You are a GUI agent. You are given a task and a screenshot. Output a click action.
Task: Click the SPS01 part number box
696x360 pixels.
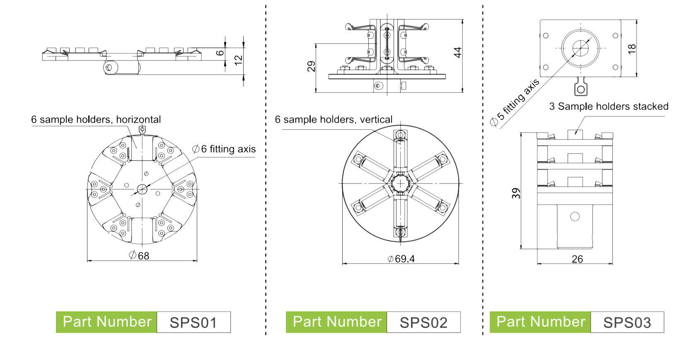[x=193, y=322]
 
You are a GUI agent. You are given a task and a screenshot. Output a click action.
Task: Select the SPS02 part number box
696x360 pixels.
[x=423, y=322]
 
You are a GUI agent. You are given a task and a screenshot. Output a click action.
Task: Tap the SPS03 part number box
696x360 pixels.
[x=627, y=322]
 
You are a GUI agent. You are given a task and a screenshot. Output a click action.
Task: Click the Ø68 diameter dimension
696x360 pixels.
[x=139, y=256]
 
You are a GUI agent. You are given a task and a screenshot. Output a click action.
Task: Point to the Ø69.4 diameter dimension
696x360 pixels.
[x=401, y=259]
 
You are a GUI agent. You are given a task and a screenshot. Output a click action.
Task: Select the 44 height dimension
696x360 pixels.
[x=457, y=53]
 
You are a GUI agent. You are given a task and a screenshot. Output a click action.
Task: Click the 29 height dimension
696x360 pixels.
[x=311, y=66]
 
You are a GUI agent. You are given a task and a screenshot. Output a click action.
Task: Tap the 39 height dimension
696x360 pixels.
[x=516, y=193]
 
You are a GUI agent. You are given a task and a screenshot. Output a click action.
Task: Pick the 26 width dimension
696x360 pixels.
[x=577, y=259]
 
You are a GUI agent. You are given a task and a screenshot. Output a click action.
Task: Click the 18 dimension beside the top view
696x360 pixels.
[x=631, y=48]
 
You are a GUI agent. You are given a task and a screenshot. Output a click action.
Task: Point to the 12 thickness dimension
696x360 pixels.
[x=238, y=60]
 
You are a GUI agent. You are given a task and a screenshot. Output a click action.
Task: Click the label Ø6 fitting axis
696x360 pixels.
[x=224, y=149]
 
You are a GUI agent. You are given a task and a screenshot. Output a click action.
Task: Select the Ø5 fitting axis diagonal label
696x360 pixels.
[x=515, y=102]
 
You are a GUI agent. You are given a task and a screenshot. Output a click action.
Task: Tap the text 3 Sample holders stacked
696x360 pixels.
[x=609, y=106]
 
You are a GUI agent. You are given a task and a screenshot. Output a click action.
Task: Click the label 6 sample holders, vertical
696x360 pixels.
[x=333, y=120]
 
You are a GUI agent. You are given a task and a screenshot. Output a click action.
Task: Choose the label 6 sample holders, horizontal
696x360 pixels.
[x=96, y=120]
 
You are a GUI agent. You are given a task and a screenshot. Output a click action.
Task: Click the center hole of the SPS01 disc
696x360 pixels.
[x=142, y=189]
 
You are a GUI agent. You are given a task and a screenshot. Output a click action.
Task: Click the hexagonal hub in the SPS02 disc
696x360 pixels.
[x=400, y=183]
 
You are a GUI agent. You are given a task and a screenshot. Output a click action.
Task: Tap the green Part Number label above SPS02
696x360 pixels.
[x=336, y=322]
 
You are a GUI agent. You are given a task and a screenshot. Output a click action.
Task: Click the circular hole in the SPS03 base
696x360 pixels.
[x=575, y=216]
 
